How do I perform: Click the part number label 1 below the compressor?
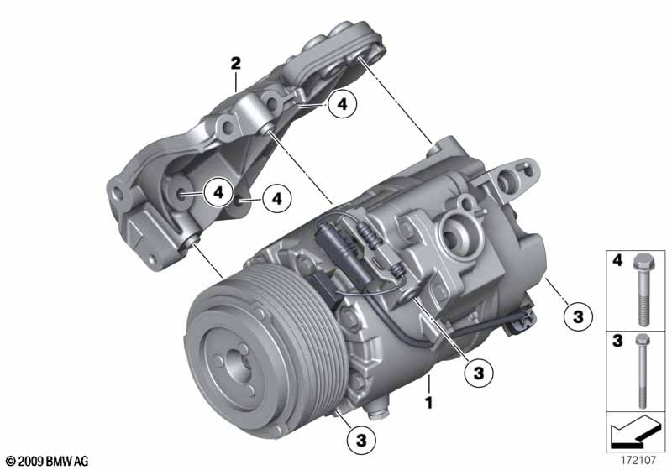[x=428, y=402]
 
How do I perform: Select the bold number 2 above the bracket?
[x=236, y=64]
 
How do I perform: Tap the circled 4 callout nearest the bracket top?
[x=343, y=104]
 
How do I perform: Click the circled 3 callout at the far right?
[x=579, y=316]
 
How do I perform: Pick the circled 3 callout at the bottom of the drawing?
[x=361, y=440]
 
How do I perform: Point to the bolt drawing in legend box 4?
[x=642, y=290]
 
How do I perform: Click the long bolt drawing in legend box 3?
[x=642, y=372]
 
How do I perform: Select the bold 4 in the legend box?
[x=617, y=260]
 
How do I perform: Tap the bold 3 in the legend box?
[x=617, y=341]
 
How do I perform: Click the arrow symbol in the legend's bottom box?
[x=635, y=431]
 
